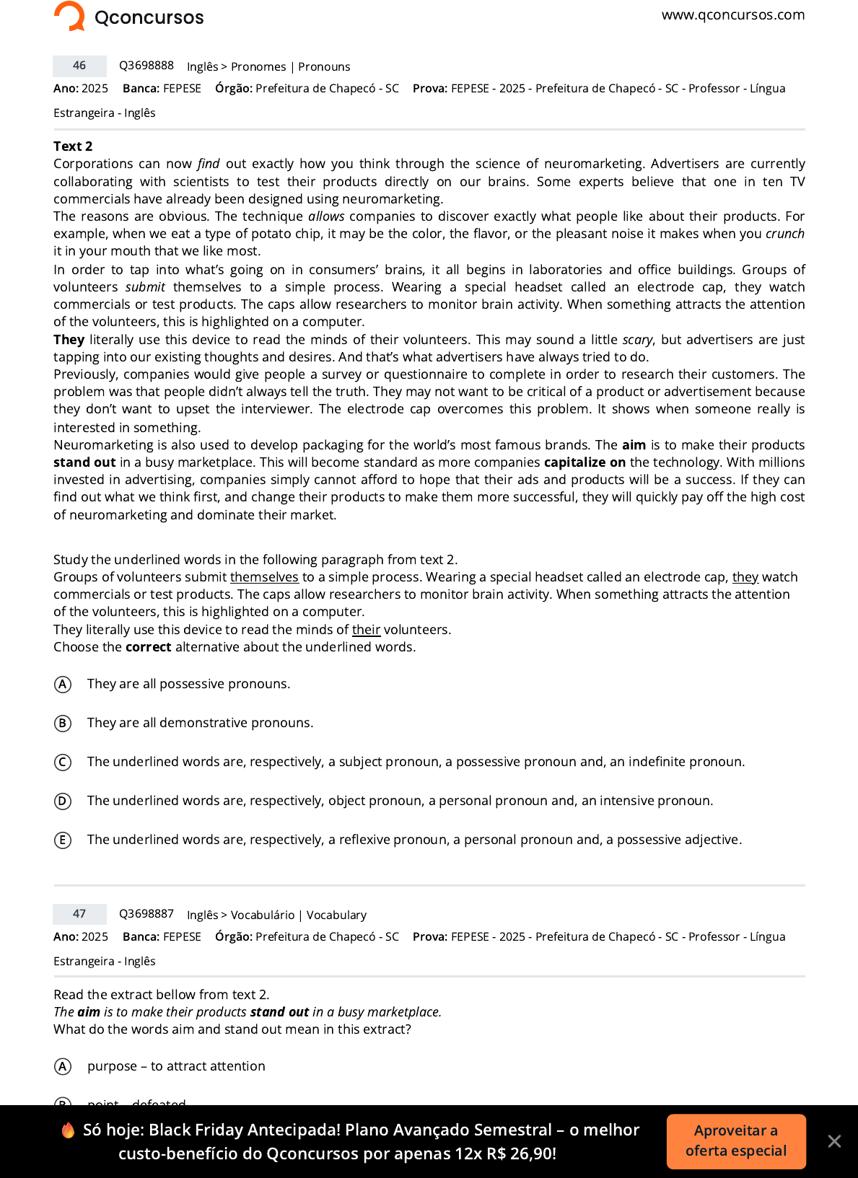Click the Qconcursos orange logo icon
click(70, 16)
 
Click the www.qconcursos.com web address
click(732, 15)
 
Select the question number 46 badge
click(79, 66)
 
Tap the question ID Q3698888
click(146, 66)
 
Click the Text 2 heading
click(73, 146)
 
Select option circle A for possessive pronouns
click(63, 684)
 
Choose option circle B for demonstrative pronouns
click(63, 723)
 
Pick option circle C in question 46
click(63, 762)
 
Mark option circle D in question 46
click(63, 801)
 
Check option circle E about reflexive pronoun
click(63, 840)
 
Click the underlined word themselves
click(264, 577)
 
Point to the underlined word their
click(366, 630)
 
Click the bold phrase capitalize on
click(585, 462)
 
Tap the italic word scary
click(637, 340)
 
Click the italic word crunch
click(784, 234)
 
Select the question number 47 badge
click(79, 914)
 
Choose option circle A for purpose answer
click(63, 1066)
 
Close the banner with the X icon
click(834, 1141)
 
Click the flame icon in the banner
click(68, 1130)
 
